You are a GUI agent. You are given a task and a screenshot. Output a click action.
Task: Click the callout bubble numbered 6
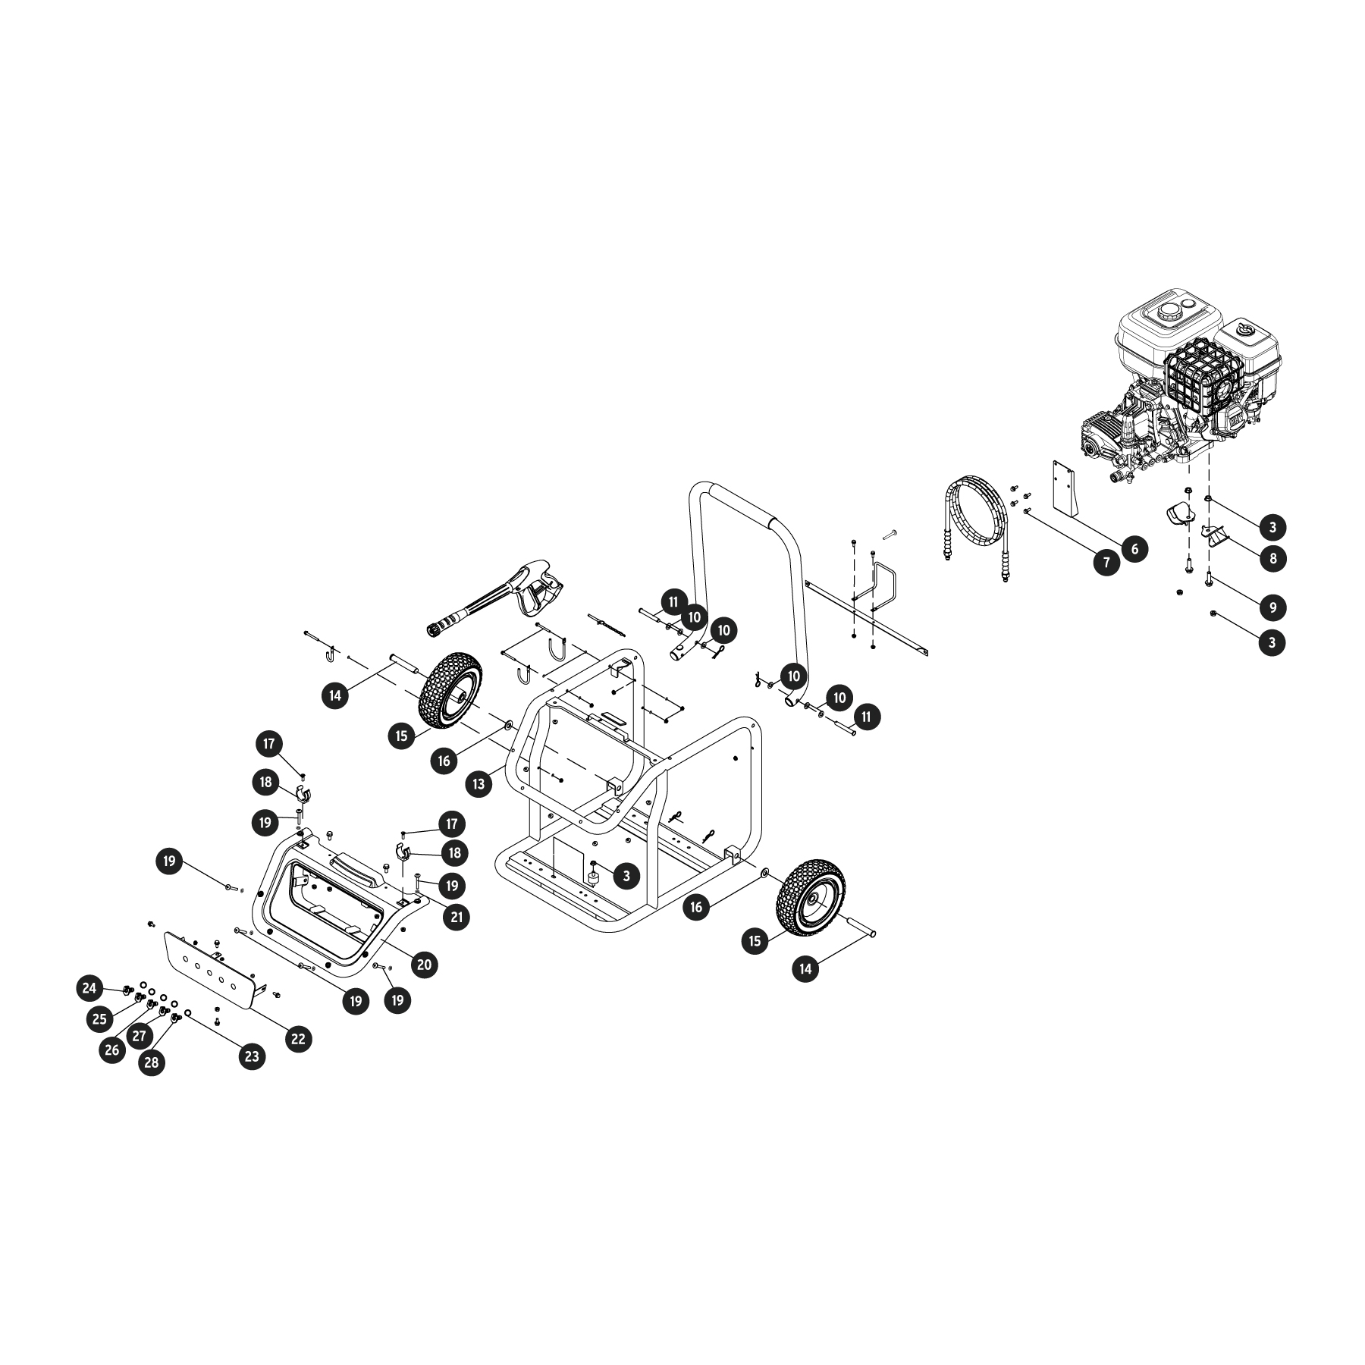tap(1134, 548)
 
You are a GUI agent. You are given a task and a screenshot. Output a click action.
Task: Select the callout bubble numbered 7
tap(1106, 562)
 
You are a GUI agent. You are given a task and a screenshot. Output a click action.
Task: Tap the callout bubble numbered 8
tap(1272, 558)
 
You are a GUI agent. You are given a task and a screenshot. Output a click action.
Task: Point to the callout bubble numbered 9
tap(1272, 607)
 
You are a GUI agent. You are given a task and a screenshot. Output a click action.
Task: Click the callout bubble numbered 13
tap(479, 784)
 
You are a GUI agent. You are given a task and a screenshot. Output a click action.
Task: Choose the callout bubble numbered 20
tap(424, 965)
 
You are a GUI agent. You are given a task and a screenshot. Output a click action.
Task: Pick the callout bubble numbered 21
tap(456, 917)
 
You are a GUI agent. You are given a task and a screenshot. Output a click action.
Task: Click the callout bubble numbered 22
tap(298, 1038)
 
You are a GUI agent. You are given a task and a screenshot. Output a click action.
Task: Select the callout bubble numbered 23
tap(252, 1056)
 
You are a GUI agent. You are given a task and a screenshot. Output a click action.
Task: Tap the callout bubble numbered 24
tap(90, 988)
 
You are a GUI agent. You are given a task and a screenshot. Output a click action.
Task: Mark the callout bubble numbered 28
tap(152, 1062)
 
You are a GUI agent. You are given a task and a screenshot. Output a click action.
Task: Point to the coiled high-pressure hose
tap(977, 523)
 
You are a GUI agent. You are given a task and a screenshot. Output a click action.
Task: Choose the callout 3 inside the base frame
tap(626, 876)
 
